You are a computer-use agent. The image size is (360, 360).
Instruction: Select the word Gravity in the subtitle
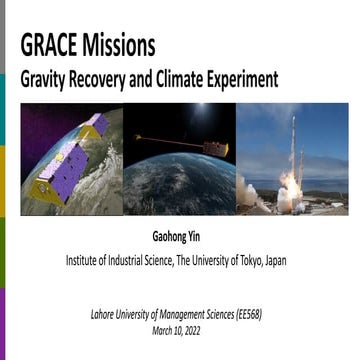(45, 79)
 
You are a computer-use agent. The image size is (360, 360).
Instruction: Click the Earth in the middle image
(180, 190)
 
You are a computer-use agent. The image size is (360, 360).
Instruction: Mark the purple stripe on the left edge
(3, 320)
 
